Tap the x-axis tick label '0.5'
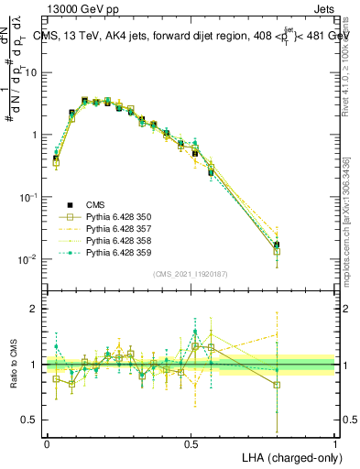click(191, 443)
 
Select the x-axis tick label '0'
click(47, 443)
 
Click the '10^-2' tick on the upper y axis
click(29, 259)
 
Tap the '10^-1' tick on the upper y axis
click(29, 197)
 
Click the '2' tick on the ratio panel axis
click(35, 309)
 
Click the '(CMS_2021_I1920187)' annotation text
click(191, 273)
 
